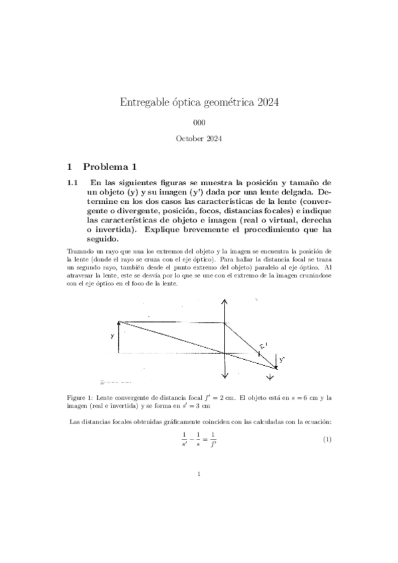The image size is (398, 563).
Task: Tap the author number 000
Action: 199,123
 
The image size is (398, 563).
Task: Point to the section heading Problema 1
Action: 111,165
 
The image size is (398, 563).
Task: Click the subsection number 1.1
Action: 73,182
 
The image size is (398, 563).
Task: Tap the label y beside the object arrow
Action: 112,336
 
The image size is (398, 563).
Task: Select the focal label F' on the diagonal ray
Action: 262,346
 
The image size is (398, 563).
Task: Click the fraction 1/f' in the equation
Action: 213,440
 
